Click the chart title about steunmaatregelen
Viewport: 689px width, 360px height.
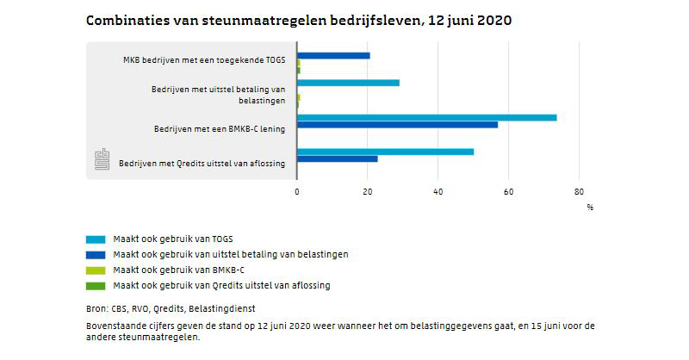(x=299, y=21)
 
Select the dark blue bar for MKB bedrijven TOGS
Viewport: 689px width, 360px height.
(x=333, y=55)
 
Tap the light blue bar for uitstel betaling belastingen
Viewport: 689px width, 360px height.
(x=348, y=83)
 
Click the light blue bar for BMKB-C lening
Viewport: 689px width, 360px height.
(x=426, y=117)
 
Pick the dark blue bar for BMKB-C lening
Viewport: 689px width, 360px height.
(x=397, y=125)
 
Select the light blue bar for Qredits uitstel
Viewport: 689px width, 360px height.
(x=385, y=152)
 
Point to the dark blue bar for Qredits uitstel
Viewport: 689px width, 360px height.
(x=337, y=158)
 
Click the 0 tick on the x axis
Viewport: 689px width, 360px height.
(x=297, y=191)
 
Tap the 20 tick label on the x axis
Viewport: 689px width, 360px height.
(x=368, y=191)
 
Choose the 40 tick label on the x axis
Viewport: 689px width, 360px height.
(x=438, y=191)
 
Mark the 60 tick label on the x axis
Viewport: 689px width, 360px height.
(x=508, y=191)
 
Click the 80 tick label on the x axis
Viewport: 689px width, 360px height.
(x=579, y=191)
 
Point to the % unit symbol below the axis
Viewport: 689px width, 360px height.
(x=590, y=207)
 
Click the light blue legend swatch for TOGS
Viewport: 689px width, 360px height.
(x=96, y=239)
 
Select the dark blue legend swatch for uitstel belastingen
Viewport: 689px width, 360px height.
(x=96, y=254)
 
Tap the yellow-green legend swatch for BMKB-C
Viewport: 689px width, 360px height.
(x=96, y=270)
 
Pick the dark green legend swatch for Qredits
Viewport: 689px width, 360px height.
(x=96, y=285)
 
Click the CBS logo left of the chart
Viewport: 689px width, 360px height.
(x=102, y=160)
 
